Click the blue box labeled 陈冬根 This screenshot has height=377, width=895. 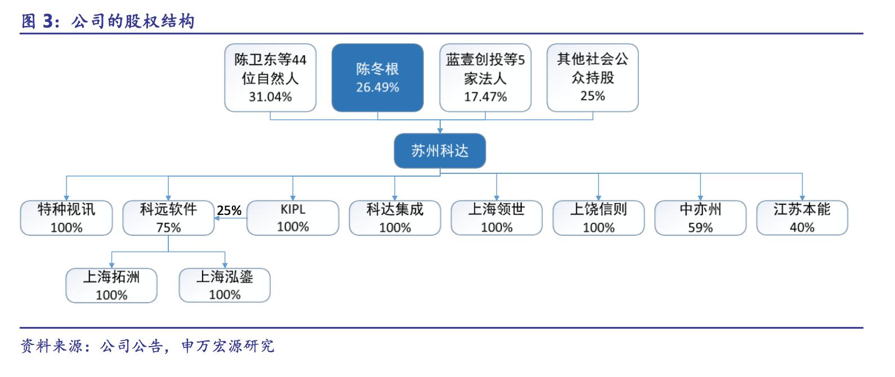point(377,78)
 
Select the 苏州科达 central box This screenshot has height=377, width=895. point(440,151)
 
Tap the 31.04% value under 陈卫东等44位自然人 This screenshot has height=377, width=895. point(270,97)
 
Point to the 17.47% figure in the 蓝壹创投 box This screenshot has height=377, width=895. point(485,97)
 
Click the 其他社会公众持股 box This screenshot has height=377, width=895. point(592,78)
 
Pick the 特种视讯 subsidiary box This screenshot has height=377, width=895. point(66,218)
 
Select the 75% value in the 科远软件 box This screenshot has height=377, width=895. point(168,227)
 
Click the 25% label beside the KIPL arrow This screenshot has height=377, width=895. point(229,210)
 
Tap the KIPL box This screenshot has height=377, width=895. point(293,218)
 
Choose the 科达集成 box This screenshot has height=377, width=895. point(395,218)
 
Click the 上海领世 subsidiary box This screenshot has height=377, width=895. point(496,218)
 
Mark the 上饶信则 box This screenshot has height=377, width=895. point(598,218)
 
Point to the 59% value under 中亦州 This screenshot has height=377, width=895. point(700,227)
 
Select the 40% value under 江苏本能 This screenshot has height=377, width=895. point(802,227)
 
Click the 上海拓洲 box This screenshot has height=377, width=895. point(111,285)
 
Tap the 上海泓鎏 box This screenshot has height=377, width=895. point(225,285)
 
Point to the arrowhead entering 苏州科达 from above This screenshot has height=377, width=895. point(440,130)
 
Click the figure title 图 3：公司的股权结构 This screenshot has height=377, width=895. point(108,21)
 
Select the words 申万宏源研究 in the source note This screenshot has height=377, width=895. point(228,345)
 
